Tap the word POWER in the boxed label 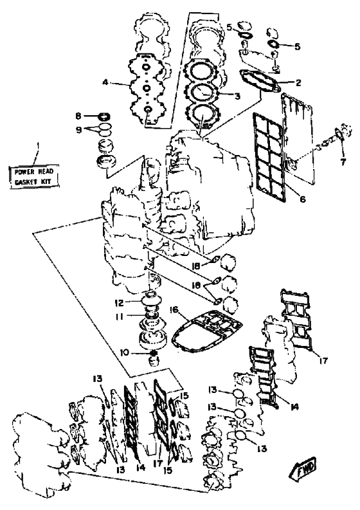click(x=25, y=172)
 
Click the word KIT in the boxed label click(x=46, y=181)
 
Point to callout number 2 click(x=298, y=83)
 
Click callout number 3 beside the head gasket click(x=237, y=96)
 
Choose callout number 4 click(x=105, y=82)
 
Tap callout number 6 click(x=302, y=199)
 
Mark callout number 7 click(x=343, y=161)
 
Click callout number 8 click(x=78, y=116)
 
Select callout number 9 click(x=78, y=129)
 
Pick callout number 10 click(x=125, y=352)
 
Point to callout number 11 click(x=120, y=316)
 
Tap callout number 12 click(x=120, y=303)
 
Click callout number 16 click(x=174, y=309)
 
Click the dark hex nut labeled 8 click(x=104, y=116)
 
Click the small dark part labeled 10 click(x=154, y=353)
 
